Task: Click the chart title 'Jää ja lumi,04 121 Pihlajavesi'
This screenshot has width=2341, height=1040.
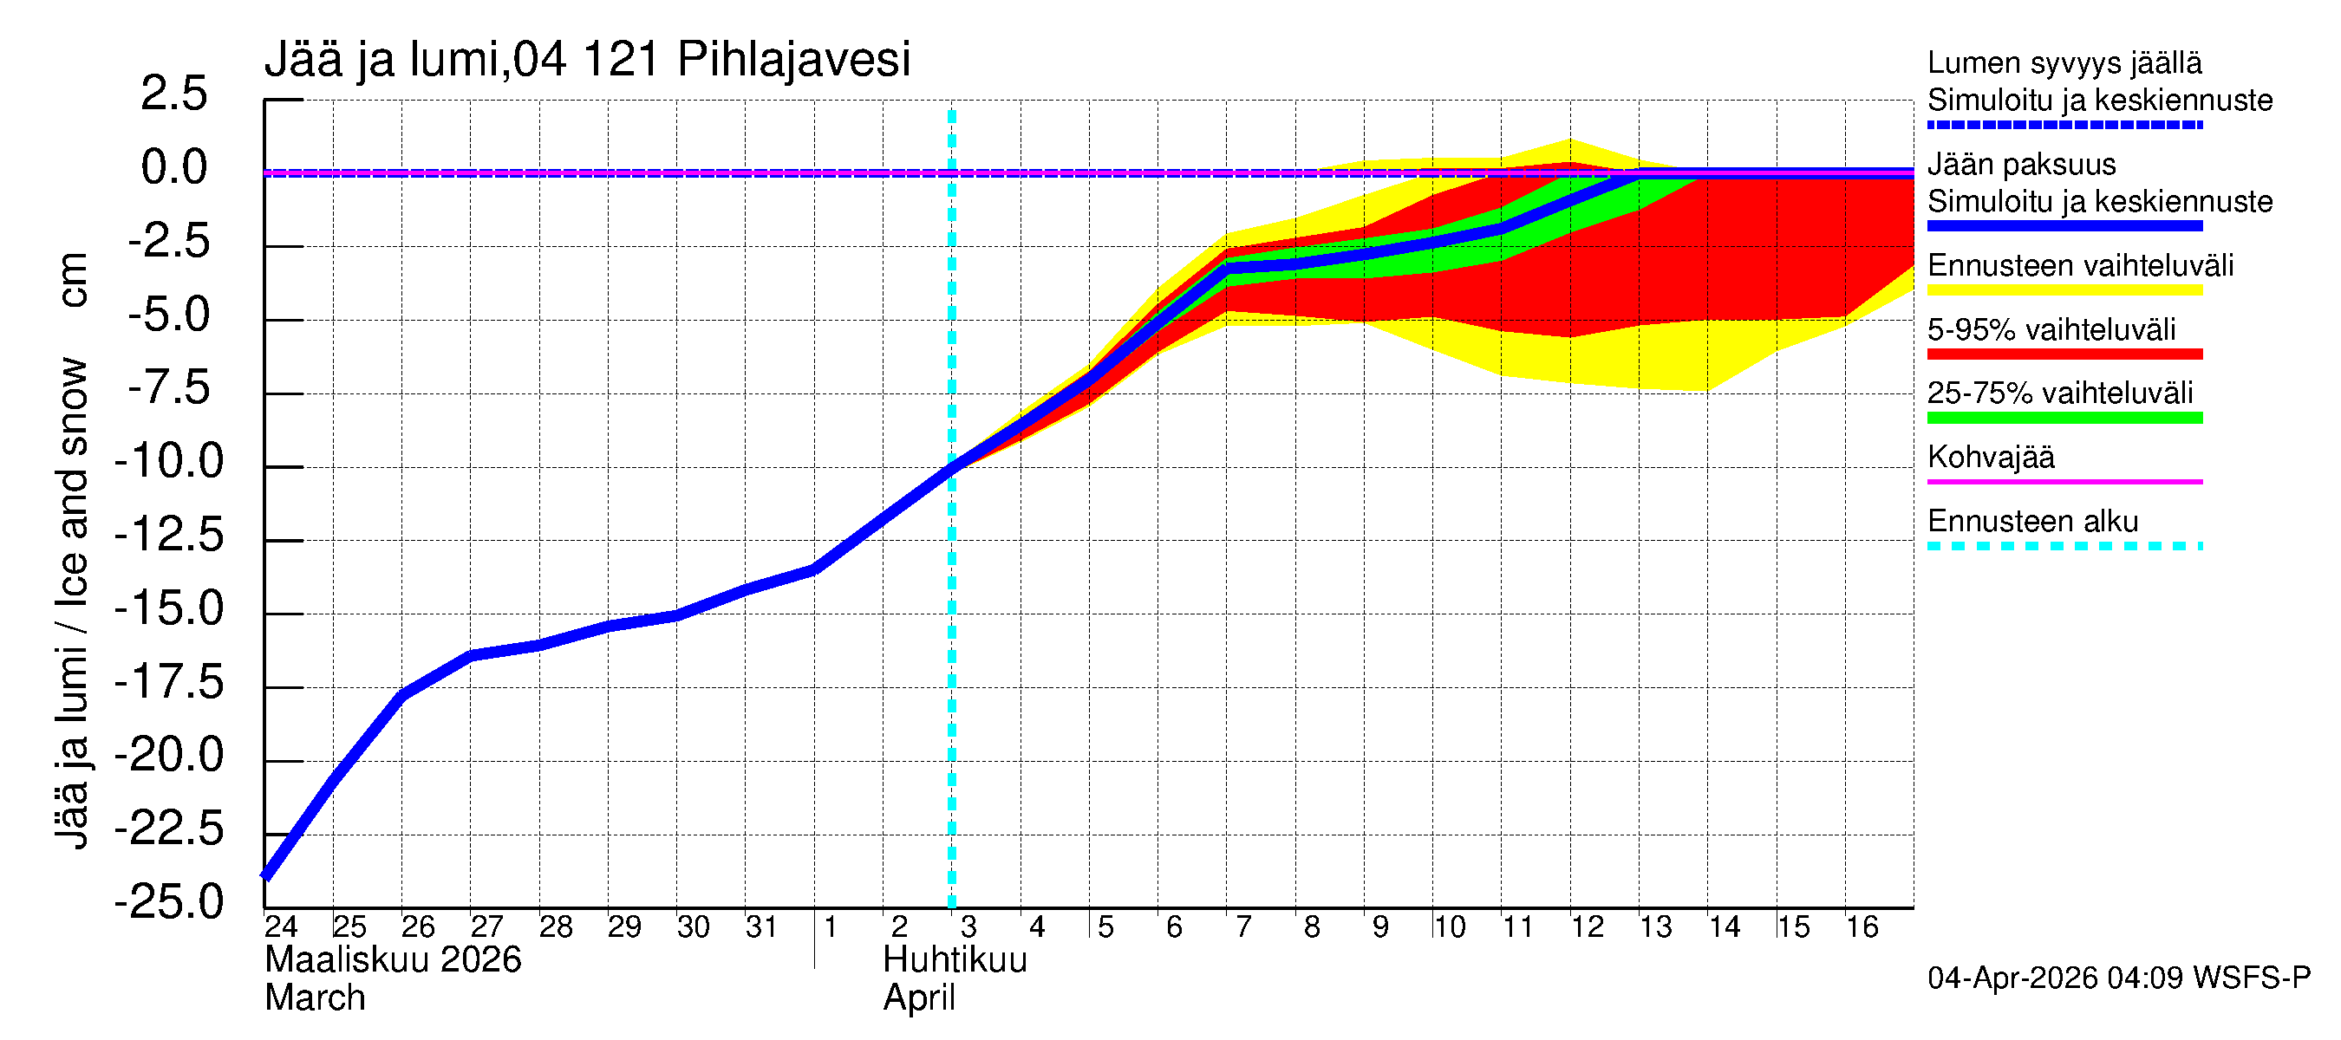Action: click(x=587, y=60)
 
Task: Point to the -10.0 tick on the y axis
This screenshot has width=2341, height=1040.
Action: click(x=169, y=462)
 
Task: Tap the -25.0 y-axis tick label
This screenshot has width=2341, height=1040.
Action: click(x=169, y=903)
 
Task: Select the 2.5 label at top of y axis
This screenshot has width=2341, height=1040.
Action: click(x=173, y=94)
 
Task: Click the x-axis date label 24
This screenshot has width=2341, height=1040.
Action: click(x=281, y=927)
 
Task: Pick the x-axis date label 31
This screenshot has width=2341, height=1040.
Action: click(x=760, y=927)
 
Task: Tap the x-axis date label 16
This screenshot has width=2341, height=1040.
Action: click(x=1862, y=927)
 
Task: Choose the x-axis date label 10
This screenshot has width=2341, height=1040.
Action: click(x=1449, y=927)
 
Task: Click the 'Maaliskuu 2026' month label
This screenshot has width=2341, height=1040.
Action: click(x=393, y=961)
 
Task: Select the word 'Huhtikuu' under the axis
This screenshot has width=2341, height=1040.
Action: click(x=955, y=961)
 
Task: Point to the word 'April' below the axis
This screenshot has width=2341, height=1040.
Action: click(x=919, y=999)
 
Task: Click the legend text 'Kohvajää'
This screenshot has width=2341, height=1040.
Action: click(x=1990, y=458)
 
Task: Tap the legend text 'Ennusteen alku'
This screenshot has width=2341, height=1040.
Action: click(x=2033, y=523)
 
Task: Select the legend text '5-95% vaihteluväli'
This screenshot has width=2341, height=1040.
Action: click(x=2051, y=329)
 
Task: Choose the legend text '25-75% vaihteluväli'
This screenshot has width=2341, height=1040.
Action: click(x=2059, y=393)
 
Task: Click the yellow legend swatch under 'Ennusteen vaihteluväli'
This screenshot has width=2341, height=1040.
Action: click(x=2064, y=290)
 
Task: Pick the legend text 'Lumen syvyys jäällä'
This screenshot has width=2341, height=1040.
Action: click(x=2064, y=63)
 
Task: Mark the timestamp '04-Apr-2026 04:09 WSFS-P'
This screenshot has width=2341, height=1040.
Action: click(x=2118, y=978)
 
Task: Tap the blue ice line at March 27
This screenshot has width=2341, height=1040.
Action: click(x=471, y=656)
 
